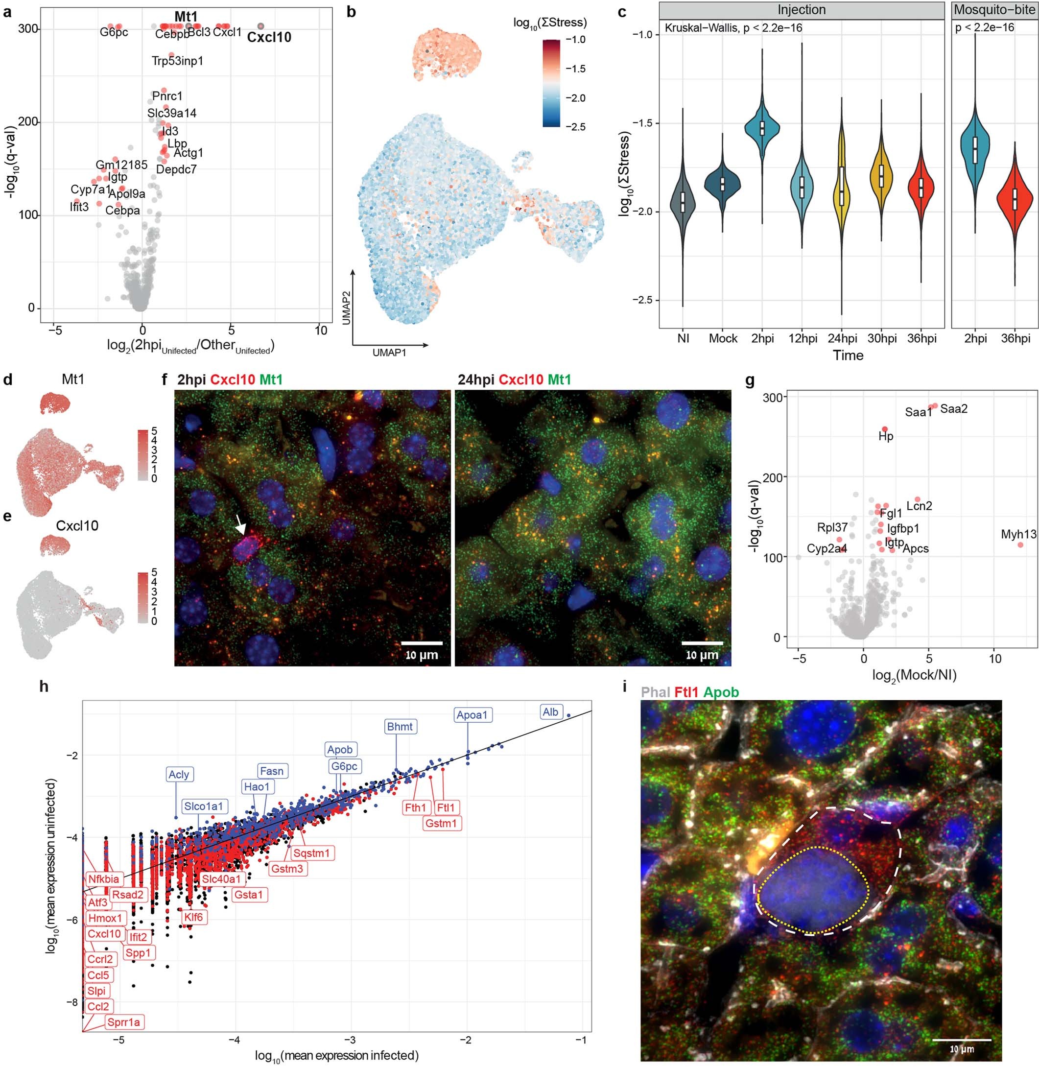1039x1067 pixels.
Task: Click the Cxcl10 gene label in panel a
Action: click(269, 38)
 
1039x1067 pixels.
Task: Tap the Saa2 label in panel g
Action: click(954, 408)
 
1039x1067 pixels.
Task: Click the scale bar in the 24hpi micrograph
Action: click(702, 643)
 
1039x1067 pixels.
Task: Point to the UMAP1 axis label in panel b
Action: click(389, 353)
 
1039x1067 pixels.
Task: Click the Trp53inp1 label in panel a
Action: click(177, 61)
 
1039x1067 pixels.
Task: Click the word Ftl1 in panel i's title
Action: click(686, 692)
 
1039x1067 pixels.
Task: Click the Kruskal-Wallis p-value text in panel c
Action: click(733, 27)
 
